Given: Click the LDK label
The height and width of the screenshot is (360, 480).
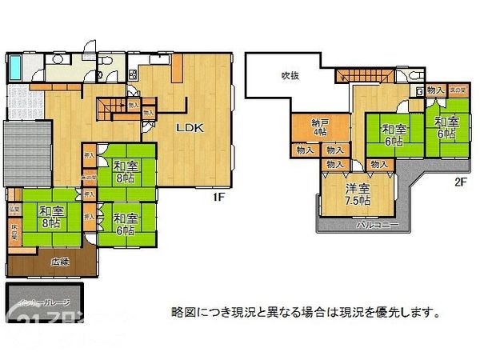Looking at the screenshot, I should [x=189, y=127].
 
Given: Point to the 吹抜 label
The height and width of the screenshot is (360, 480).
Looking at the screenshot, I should [x=289, y=76].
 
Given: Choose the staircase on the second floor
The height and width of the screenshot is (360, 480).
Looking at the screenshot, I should [x=363, y=75].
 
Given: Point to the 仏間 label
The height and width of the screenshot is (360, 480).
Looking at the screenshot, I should [x=14, y=210].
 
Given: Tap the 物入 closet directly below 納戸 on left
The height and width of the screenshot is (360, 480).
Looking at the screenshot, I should [x=304, y=150].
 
